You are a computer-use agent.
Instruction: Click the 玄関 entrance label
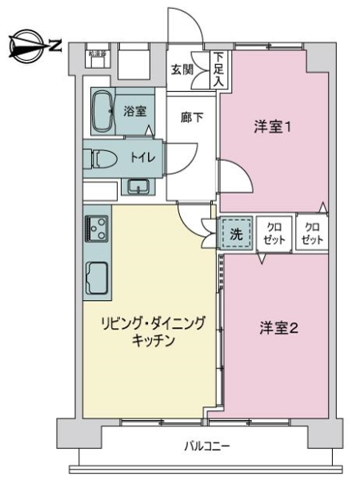(182, 70)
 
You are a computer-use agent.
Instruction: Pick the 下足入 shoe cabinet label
(218, 70)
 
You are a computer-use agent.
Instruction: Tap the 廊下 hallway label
(191, 118)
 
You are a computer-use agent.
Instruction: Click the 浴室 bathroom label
(134, 111)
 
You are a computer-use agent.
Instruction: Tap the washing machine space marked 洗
(236, 234)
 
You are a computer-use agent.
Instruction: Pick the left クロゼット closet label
(274, 234)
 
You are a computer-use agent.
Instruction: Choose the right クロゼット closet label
(312, 234)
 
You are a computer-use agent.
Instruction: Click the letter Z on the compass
(55, 46)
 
